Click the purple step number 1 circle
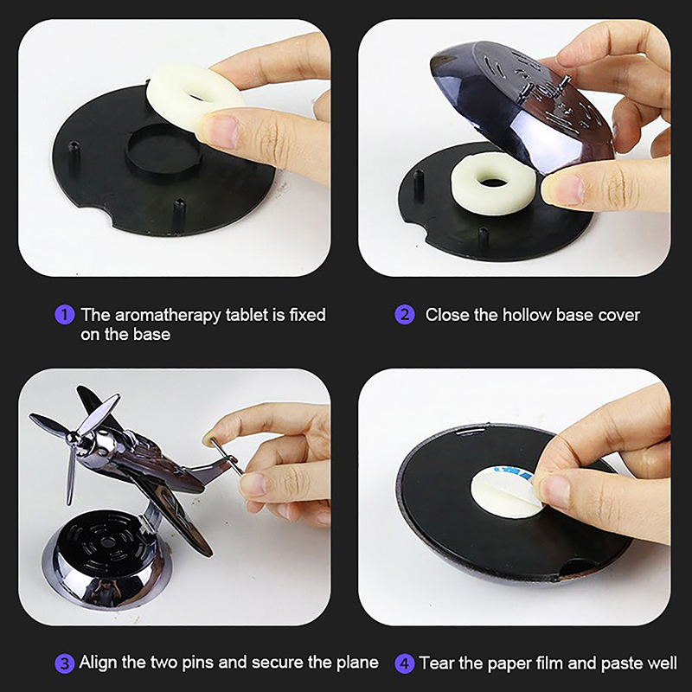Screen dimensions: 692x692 pyautogui.click(x=64, y=315)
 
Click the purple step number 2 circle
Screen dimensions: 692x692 pyautogui.click(x=405, y=315)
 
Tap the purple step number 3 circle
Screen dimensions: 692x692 pyautogui.click(x=64, y=664)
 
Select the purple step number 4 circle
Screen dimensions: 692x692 pyautogui.click(x=405, y=664)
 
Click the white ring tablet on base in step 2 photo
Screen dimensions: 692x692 pyautogui.click(x=493, y=183)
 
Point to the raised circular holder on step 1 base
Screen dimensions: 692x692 pyautogui.click(x=163, y=153)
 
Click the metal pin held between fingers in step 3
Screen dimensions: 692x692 pyautogui.click(x=225, y=456)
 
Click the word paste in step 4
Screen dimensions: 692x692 pyautogui.click(x=622, y=663)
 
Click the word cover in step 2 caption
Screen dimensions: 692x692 pyautogui.click(x=618, y=315)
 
